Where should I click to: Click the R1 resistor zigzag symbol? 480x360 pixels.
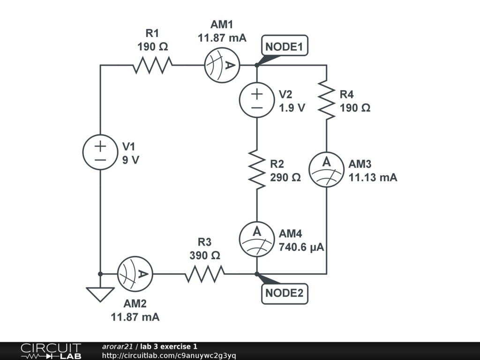click(152, 65)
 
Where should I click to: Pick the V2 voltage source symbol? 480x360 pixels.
click(257, 100)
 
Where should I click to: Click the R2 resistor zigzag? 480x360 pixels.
click(257, 169)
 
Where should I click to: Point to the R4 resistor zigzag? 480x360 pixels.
click(327, 100)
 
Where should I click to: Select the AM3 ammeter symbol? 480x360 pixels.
click(327, 169)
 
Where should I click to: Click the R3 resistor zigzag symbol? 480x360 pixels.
click(204, 274)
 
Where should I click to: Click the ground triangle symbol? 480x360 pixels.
click(100, 294)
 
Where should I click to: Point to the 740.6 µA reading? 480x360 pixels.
click(301, 247)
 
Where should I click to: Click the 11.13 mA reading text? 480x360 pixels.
click(373, 178)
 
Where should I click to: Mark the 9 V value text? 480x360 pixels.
click(131, 160)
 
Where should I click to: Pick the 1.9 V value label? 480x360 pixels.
click(292, 108)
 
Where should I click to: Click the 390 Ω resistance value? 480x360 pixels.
click(205, 255)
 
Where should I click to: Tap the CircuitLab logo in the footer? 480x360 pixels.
click(51, 351)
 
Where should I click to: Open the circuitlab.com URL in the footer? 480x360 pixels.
click(169, 356)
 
